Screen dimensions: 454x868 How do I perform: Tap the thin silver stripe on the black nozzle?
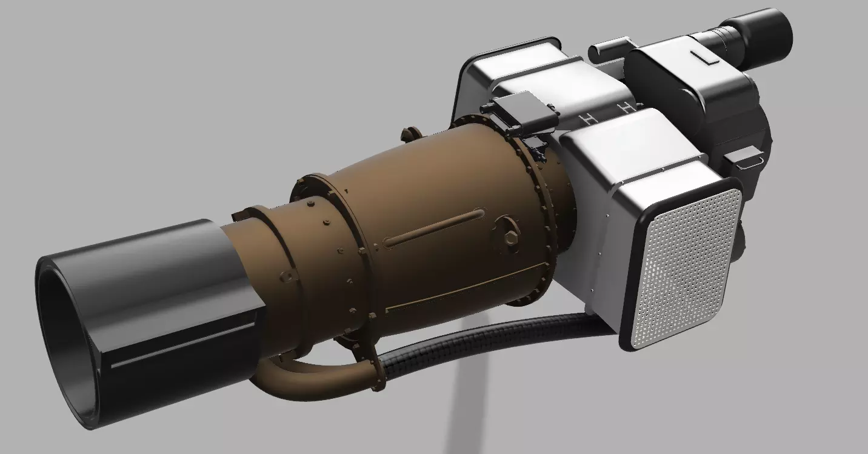(x=182, y=346)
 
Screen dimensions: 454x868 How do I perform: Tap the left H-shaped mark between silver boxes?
(x=586, y=119)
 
